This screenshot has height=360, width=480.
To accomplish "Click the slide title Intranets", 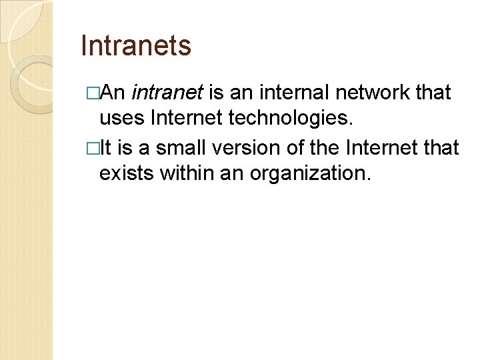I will (x=135, y=46).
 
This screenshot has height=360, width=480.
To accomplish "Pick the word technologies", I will (x=297, y=119).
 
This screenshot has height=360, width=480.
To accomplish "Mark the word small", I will (x=181, y=146).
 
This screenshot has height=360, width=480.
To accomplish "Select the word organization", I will (x=309, y=173).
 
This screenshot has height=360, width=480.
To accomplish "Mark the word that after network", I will (x=433, y=92).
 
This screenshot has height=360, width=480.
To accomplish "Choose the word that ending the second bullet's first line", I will (x=442, y=146).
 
